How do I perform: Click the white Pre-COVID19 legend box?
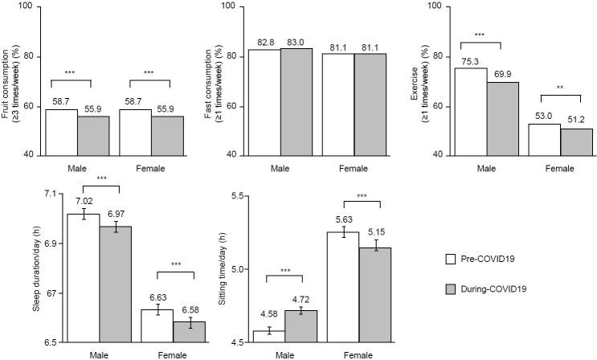452,259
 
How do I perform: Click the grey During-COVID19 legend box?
452,287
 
